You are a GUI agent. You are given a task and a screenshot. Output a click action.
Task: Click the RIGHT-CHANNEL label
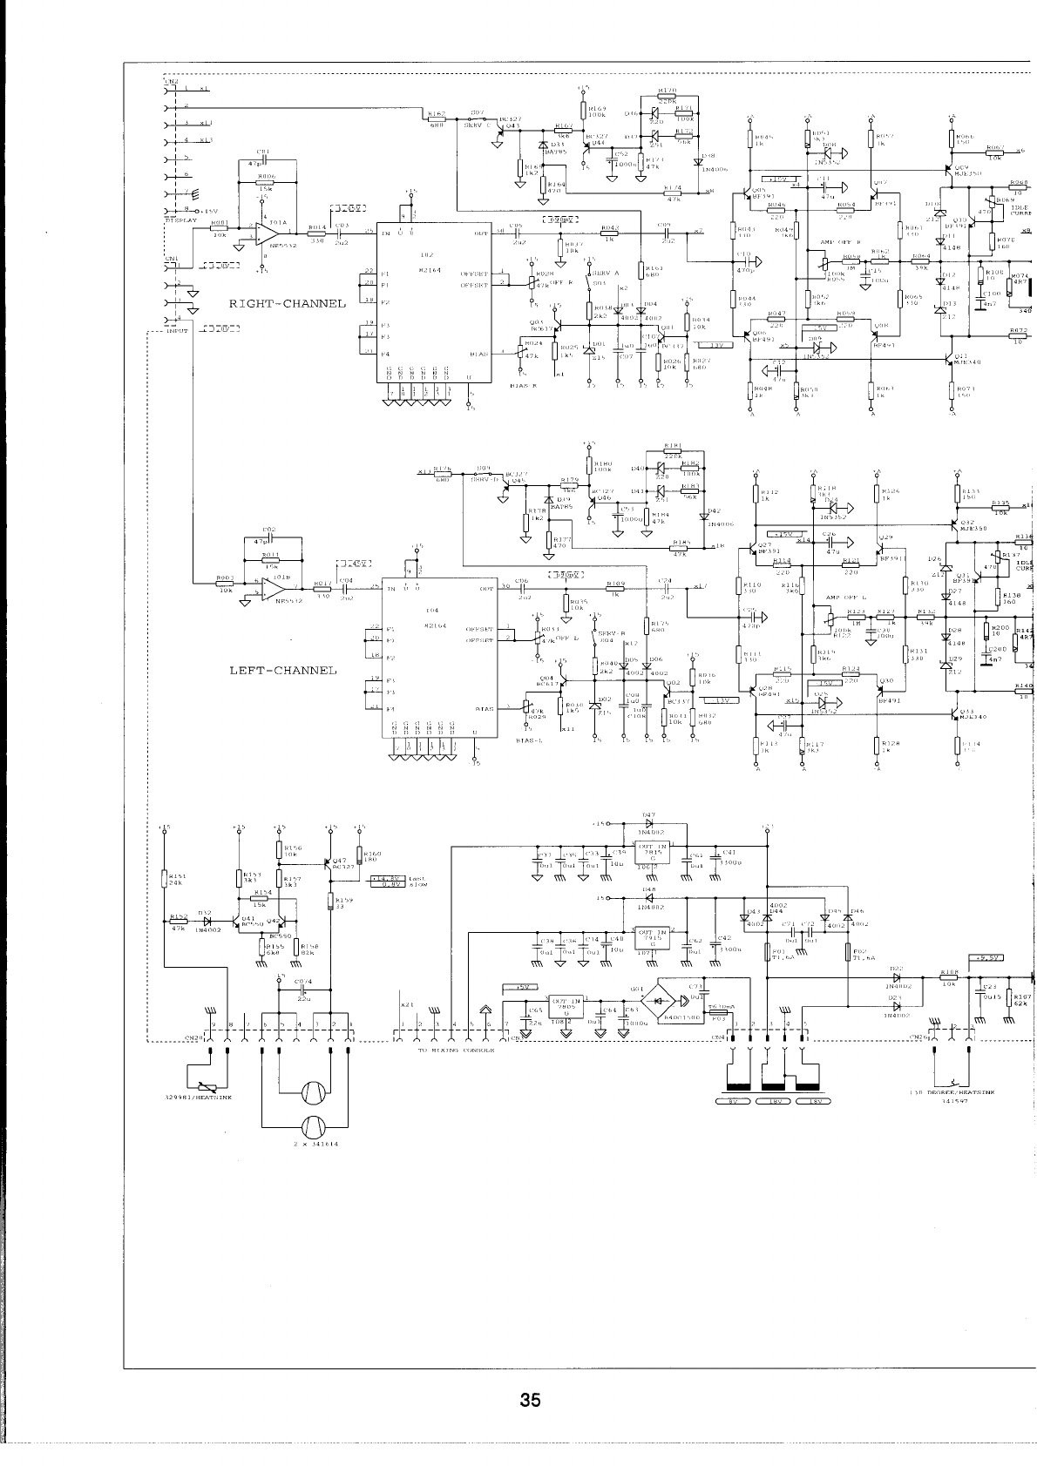287,304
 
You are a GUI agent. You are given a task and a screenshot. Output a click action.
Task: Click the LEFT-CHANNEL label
282,671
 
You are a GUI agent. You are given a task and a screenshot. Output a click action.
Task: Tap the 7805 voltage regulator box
566,1007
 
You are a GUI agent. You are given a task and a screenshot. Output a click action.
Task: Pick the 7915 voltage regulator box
653,939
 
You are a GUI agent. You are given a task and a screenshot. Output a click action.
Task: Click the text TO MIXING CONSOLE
456,1051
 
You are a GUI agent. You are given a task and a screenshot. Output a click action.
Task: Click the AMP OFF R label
841,242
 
